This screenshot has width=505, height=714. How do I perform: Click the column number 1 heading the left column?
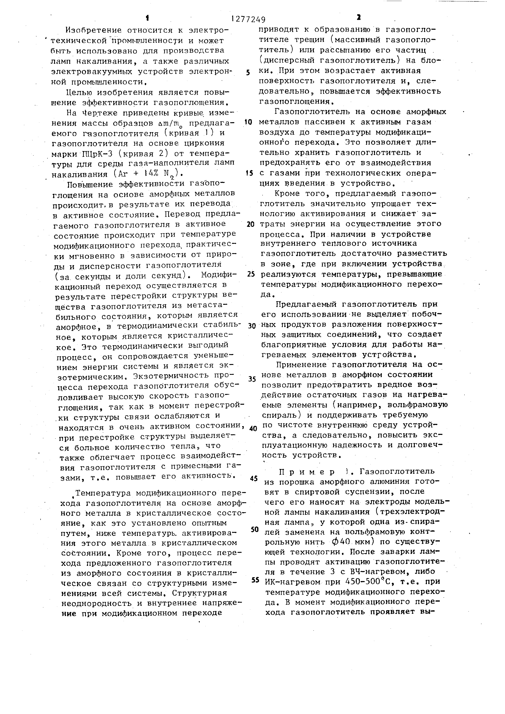147,18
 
